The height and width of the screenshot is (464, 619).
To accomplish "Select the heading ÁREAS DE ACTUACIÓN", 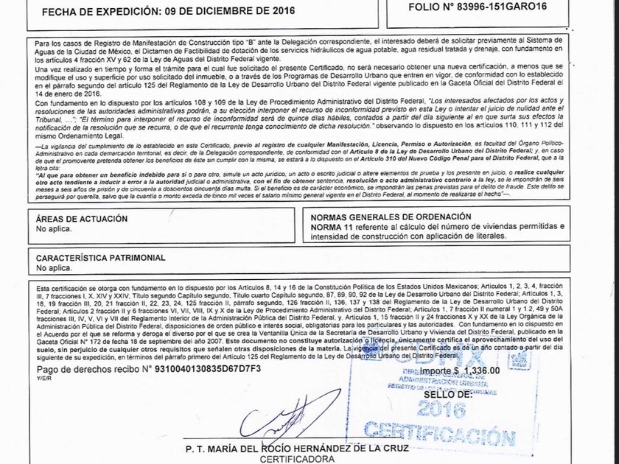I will [x=82, y=219].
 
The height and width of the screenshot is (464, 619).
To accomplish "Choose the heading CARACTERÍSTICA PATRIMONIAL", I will [x=101, y=259].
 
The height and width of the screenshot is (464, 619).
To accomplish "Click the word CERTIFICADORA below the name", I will [x=291, y=459].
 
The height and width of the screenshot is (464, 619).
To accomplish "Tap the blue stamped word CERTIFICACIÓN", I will [x=440, y=435].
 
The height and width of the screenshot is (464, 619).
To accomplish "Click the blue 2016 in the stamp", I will [x=446, y=409].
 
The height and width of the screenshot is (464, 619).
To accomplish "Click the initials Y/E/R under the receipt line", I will [x=43, y=377].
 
